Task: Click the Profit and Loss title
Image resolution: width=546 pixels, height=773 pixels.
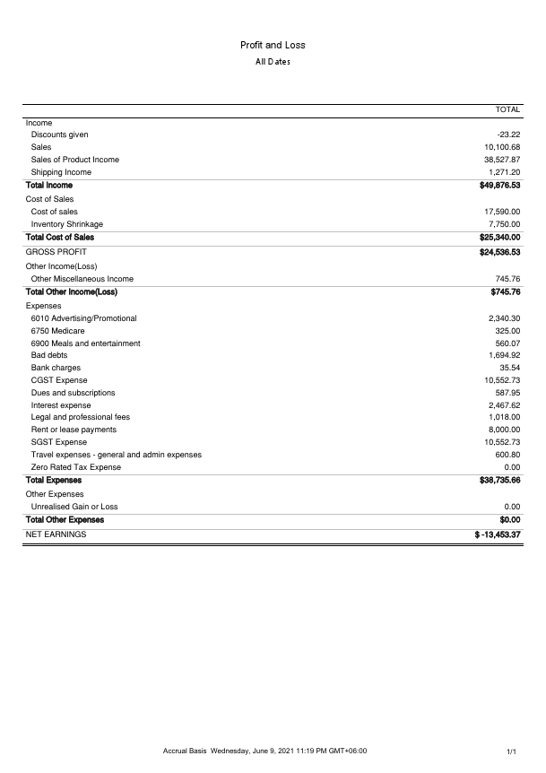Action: point(273,45)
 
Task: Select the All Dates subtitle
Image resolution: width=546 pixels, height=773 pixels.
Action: point(273,62)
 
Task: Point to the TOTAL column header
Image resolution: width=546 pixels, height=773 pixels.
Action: point(507,109)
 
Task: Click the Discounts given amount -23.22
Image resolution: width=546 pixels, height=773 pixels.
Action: point(508,135)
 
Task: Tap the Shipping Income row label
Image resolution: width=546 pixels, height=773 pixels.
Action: point(61,172)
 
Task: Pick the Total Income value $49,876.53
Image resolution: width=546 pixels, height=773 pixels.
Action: point(500,186)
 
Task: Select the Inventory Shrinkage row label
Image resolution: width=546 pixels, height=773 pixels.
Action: point(67,224)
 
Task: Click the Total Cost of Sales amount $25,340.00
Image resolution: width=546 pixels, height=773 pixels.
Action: point(500,238)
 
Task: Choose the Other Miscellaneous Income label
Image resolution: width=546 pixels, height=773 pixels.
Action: point(82,279)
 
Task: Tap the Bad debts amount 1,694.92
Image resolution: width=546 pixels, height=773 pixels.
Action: point(505,355)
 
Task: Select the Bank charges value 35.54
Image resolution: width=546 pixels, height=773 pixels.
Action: point(510,368)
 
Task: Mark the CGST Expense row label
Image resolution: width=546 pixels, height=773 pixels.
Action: point(59,380)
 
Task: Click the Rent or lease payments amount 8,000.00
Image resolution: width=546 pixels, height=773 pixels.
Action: point(505,430)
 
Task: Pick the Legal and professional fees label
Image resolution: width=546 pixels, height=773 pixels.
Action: point(81,417)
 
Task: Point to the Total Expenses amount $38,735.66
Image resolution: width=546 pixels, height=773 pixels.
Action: point(500,481)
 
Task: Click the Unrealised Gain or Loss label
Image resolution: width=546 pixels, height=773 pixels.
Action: point(74,507)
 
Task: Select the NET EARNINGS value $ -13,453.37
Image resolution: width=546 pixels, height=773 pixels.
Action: point(498,534)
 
